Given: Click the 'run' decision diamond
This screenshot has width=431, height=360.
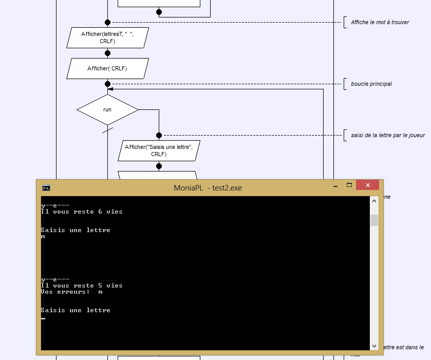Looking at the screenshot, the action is tap(107, 110).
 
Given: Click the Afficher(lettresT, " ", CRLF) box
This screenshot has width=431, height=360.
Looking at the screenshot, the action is tap(107, 37).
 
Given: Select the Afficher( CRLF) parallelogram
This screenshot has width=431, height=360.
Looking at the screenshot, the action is tap(107, 68).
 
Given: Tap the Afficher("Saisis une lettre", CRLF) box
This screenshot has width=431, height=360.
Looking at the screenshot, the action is tap(159, 150).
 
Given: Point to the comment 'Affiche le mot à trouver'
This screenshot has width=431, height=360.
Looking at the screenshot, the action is tap(380, 22).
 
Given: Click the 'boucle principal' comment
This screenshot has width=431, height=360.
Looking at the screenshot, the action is tap(371, 84).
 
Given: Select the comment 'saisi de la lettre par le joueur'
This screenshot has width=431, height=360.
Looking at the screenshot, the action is tap(388, 135).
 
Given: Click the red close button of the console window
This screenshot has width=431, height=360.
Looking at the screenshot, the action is tap(367, 185).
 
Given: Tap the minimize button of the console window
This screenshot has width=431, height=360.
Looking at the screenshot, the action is tap(335, 186).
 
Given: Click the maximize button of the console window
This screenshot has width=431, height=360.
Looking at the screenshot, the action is tap(349, 185).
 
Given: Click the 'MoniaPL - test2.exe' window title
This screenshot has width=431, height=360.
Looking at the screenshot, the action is tap(208, 188).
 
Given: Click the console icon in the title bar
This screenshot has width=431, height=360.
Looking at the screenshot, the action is tap(46, 188).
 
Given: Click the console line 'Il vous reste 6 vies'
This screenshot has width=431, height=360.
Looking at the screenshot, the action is tap(82, 212).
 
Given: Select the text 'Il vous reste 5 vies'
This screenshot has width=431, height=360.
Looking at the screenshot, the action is tap(82, 286).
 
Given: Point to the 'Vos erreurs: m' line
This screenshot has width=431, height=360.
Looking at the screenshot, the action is tap(72, 292).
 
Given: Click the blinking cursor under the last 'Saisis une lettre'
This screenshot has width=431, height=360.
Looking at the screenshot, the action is tap(43, 318).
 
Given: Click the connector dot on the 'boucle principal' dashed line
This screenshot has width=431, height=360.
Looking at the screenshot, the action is tap(107, 84).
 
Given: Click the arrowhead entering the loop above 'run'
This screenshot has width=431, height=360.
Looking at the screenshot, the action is tap(110, 89).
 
